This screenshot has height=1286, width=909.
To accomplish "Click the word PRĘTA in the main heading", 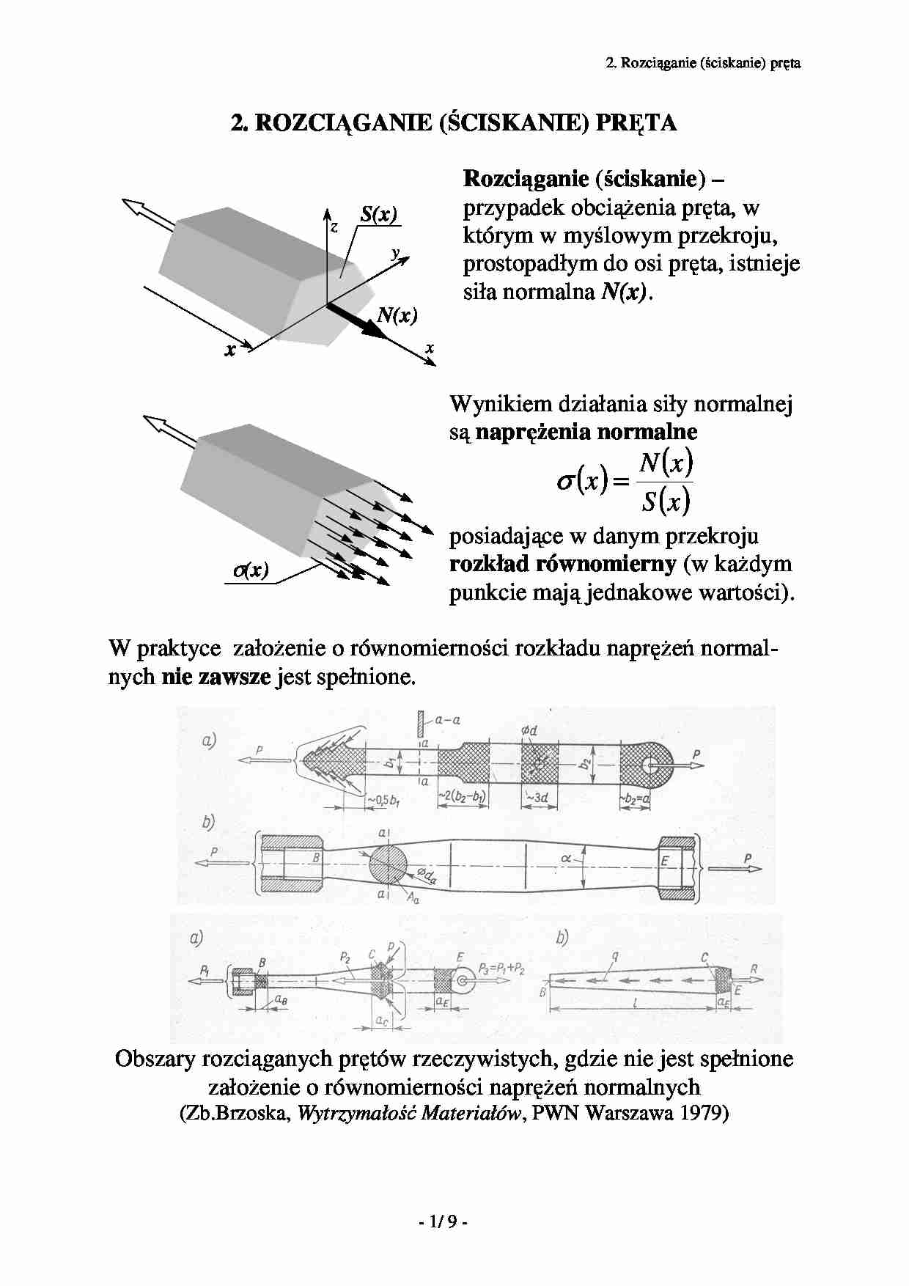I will (x=636, y=123).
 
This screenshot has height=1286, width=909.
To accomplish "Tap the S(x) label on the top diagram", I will (x=378, y=214).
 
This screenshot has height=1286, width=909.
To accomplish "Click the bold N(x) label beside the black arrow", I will (x=397, y=315).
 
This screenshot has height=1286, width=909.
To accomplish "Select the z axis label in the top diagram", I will (x=334, y=227).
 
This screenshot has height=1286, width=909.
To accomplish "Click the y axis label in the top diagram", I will (x=395, y=253).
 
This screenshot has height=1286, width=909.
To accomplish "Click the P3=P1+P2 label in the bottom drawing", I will (x=501, y=968).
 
